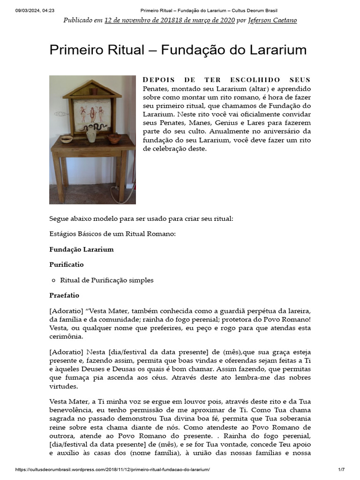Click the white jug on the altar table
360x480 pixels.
pyautogui.click(x=91, y=135)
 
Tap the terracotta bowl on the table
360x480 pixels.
pyautogui.click(x=113, y=138)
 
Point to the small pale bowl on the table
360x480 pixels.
pyautogui.click(x=67, y=139)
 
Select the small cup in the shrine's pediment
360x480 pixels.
pyautogui.click(x=92, y=91)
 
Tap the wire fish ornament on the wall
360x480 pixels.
pyautogui.click(x=60, y=113)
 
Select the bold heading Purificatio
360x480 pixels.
pyautogui.click(x=67, y=264)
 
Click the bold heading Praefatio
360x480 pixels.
pyautogui.click(x=64, y=296)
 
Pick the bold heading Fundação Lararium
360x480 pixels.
pyautogui.click(x=82, y=249)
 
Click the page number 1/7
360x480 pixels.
pyautogui.click(x=341, y=470)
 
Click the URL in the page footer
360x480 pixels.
pyautogui.click(x=112, y=470)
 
